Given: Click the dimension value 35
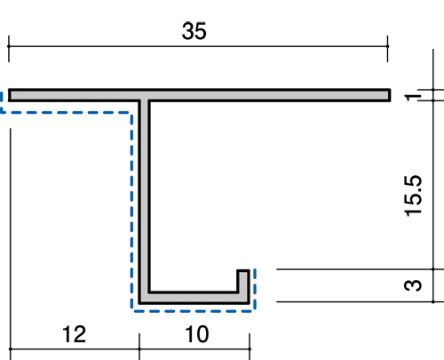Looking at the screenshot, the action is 194,31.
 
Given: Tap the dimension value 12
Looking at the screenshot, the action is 74,334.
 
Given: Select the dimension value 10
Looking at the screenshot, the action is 197,334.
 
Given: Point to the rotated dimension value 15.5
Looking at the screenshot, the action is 413,196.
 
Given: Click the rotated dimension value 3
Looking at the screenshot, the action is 413,285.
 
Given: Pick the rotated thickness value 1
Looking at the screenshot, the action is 413,97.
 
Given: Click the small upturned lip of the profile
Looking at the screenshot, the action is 243,282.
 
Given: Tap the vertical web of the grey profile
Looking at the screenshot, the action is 145,196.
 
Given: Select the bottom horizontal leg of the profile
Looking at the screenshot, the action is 194,298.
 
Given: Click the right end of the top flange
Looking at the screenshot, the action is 390,95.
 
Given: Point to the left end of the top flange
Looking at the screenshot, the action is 9,95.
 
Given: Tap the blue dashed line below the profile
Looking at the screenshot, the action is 193,311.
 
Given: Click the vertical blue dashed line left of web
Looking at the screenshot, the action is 131,212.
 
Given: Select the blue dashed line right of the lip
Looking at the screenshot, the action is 255,290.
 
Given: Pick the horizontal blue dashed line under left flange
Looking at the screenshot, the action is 66,113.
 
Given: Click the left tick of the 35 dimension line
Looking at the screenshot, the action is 9,46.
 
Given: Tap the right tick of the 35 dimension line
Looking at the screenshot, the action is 387,46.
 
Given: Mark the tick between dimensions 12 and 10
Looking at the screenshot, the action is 139,349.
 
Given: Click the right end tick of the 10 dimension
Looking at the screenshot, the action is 250,349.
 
